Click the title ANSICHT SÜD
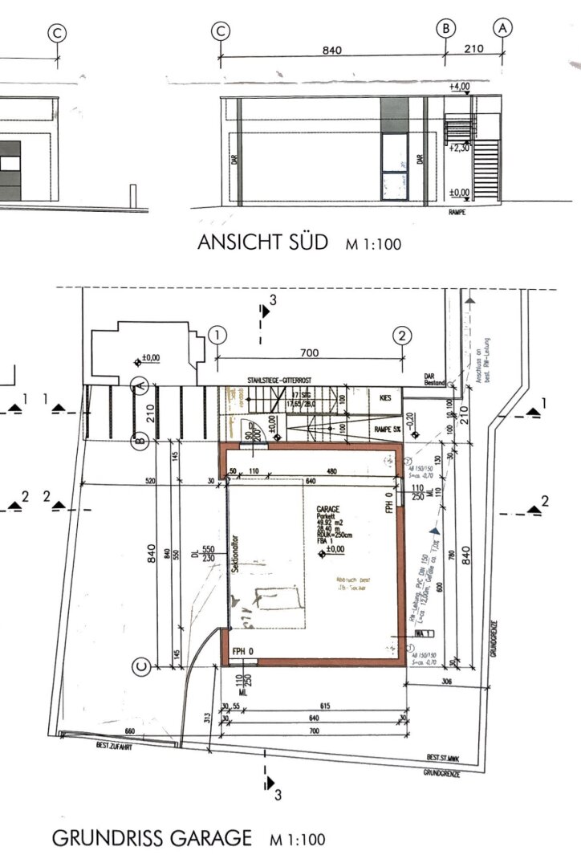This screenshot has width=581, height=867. [263, 243]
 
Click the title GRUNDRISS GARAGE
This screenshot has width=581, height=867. [152, 839]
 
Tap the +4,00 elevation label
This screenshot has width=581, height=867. [460, 86]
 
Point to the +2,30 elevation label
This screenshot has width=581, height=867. [460, 148]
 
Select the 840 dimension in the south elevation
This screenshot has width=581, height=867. [332, 50]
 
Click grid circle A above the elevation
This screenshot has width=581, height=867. [503, 28]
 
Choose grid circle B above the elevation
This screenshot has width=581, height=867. [445, 28]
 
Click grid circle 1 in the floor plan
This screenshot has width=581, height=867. [217, 335]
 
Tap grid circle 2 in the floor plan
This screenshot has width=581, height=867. [403, 335]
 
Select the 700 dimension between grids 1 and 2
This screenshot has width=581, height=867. [309, 352]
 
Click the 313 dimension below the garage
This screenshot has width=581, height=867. [207, 714]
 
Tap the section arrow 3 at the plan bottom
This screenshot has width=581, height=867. [271, 784]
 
